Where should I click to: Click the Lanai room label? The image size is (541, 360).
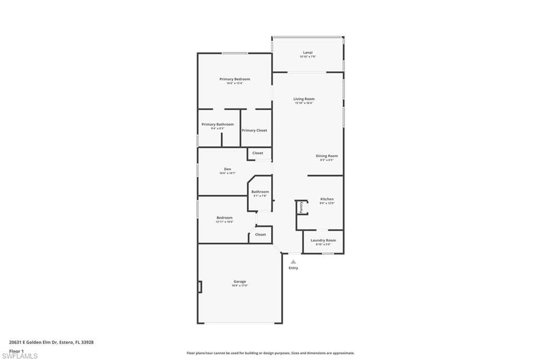tap(307, 53)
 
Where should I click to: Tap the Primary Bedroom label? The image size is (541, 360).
tap(235, 79)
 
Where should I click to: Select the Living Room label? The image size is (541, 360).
tap(304, 99)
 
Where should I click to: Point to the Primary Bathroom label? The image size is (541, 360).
tap(218, 125)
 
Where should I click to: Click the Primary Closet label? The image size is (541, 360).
tap(254, 130)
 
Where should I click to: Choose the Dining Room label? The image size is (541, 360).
tap(327, 156)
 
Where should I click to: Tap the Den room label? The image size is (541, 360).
tap(227, 169)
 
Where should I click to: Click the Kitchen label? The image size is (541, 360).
tap(327, 200)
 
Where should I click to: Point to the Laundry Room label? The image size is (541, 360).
tap(323, 241)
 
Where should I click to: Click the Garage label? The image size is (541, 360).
tap(240, 282)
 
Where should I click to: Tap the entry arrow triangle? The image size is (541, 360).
tap(293, 261)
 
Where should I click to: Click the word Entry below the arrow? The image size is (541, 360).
tap(293, 268)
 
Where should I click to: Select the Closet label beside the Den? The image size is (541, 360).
tap(258, 153)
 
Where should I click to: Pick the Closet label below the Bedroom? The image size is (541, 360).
tap(260, 234)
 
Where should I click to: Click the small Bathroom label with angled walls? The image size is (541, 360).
tap(260, 192)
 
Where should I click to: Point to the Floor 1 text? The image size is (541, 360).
tap(16, 350)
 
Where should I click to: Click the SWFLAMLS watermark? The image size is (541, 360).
tap(20, 356)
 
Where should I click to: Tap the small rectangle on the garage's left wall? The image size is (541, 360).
tap(200, 287)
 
